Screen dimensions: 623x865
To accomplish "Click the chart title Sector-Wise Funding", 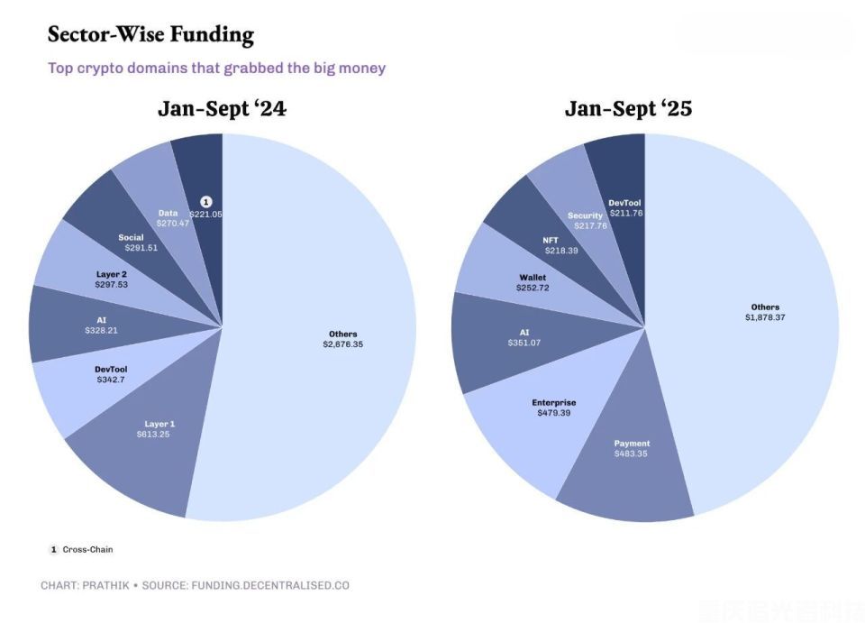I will click(150, 35).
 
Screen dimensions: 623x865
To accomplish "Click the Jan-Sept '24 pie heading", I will click(222, 109).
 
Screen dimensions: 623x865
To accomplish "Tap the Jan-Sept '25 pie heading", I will click(628, 109).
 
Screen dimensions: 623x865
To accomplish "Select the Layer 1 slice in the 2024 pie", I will click(159, 429).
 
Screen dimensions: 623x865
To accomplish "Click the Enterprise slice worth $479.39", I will click(554, 408).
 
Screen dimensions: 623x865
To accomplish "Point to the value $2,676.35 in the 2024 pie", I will click(343, 344).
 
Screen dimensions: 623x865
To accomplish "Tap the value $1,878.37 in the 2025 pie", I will click(765, 317).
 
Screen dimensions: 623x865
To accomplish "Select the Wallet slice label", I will click(533, 277).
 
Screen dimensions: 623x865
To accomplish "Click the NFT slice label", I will click(551, 240).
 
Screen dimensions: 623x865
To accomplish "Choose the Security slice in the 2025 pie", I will click(586, 216).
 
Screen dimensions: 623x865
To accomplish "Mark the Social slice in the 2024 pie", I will click(131, 238).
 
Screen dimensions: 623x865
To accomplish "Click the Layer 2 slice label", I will click(111, 273).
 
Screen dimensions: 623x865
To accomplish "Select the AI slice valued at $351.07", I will click(524, 337).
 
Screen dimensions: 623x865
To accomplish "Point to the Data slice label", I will click(168, 213).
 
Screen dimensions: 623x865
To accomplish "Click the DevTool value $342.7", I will click(111, 380).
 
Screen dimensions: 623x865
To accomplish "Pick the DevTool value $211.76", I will click(624, 214).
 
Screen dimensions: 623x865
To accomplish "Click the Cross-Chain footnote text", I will click(87, 549).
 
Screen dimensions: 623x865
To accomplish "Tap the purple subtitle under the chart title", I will click(216, 69).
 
